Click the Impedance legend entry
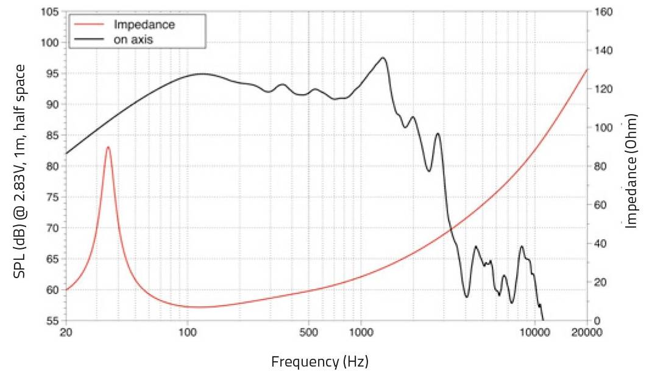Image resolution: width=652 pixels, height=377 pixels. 144,25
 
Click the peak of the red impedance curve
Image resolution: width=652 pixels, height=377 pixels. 108,147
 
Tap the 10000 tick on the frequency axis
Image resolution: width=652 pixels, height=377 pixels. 534,332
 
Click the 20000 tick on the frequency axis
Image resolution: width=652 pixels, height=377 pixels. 586,332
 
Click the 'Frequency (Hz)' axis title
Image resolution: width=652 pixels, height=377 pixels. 319,361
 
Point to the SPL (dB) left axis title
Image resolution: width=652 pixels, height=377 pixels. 19,171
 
